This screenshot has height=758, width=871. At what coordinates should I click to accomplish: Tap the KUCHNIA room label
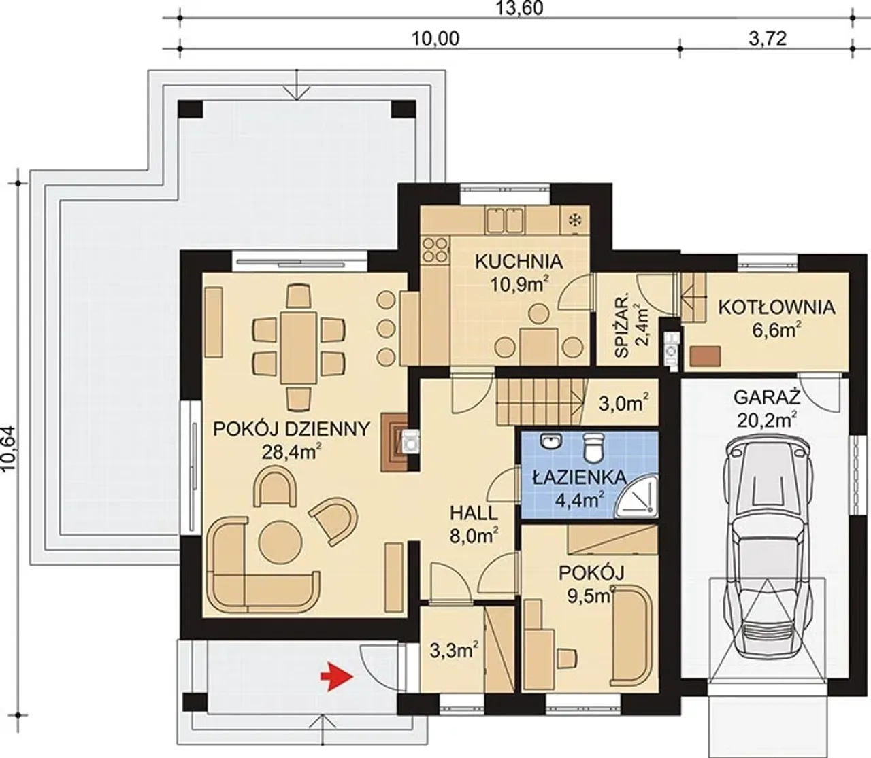519,262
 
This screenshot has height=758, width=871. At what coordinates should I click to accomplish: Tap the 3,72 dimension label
767,39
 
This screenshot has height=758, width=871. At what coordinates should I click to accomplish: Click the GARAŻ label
767,399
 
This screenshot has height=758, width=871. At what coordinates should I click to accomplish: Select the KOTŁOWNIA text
776,308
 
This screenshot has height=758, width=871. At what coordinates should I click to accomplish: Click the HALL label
474,513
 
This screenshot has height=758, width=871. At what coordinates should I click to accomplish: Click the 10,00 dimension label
435,39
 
